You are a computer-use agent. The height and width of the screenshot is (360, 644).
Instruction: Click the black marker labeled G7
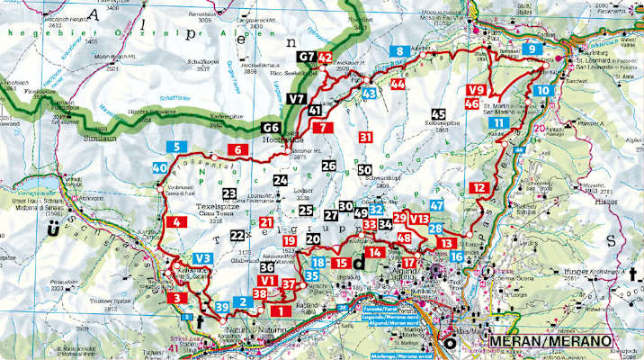tap(307, 58)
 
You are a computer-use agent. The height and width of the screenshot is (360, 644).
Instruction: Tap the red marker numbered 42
tap(326, 58)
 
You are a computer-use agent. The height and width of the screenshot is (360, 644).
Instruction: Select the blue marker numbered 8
tap(398, 51)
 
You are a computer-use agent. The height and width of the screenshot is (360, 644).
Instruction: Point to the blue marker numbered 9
tap(533, 49)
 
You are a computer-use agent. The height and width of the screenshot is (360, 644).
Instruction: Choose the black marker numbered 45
tap(438, 114)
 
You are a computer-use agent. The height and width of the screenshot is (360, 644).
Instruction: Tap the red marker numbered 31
tap(365, 137)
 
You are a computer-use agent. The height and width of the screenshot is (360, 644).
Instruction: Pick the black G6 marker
tap(271, 127)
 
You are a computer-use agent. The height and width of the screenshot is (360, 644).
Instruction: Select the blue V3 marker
tap(202, 258)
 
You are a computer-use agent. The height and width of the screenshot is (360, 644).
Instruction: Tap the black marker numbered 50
tap(364, 169)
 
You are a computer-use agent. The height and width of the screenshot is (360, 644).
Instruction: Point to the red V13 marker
tap(419, 218)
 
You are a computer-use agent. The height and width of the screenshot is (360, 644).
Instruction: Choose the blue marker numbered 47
tap(437, 206)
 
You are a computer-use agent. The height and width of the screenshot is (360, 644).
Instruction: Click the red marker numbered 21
tap(266, 222)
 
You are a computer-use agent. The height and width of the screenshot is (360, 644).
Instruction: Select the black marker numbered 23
tap(229, 193)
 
